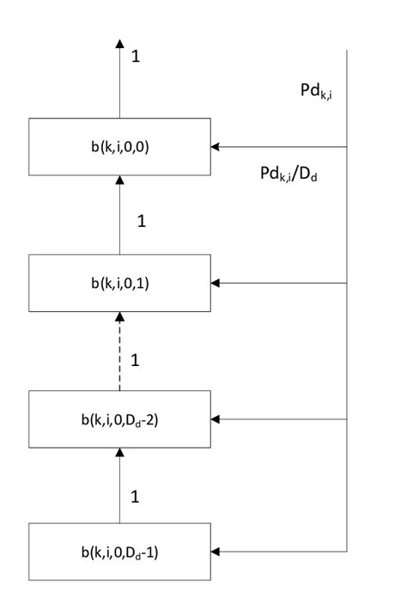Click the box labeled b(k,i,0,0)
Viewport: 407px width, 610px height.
pos(119,147)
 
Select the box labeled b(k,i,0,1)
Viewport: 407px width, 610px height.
pos(119,283)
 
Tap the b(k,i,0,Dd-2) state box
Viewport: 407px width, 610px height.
pos(119,419)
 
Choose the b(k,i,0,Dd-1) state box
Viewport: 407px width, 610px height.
pos(119,551)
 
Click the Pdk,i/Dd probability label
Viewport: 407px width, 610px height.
pos(291,174)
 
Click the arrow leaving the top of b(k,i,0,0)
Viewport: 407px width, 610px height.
pos(119,82)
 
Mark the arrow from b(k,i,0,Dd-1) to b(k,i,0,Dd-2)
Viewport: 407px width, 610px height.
pos(119,490)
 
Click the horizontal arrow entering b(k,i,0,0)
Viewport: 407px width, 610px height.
pos(279,147)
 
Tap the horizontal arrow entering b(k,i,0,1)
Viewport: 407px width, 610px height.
pos(279,283)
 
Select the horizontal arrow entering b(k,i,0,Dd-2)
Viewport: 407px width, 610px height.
pos(279,419)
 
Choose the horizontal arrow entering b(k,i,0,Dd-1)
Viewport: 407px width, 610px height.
pos(279,551)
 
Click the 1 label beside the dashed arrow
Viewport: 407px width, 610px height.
pos(136,360)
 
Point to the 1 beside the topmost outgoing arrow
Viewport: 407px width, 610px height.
pos(136,57)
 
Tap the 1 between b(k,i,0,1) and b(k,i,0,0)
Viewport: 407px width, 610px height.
pos(142,221)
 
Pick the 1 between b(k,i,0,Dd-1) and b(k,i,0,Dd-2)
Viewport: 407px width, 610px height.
pos(136,497)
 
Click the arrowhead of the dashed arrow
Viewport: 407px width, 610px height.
pos(119,318)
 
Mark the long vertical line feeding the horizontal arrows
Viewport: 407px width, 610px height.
pos(347,344)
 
